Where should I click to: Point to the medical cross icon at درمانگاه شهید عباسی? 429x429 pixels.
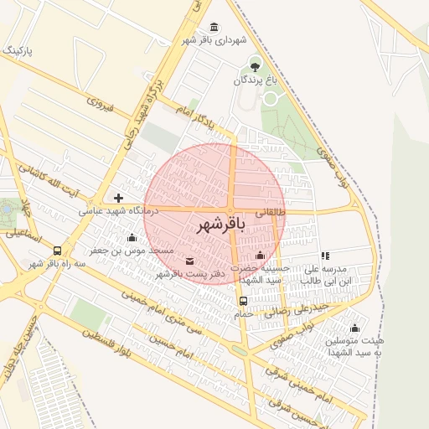pos(118,199)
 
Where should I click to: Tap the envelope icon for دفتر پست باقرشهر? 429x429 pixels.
pos(188,261)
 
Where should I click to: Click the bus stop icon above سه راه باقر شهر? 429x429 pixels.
pos(57,251)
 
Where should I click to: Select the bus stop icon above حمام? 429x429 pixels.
pos(243,301)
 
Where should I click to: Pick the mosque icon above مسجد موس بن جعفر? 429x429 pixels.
pos(132,238)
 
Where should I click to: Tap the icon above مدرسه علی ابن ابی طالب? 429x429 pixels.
pos(325,256)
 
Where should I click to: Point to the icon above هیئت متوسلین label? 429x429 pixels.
pos(354,328)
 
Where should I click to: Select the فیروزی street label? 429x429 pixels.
pos(99,104)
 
